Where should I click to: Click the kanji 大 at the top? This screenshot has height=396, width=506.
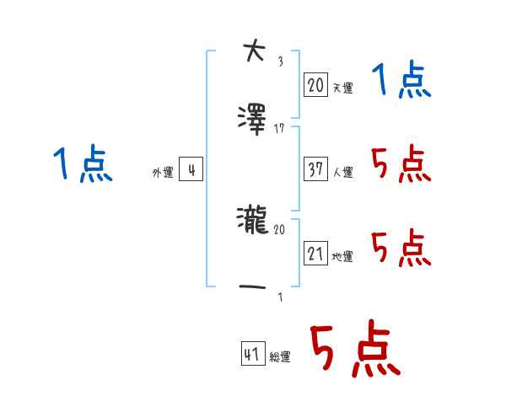coord(255,50)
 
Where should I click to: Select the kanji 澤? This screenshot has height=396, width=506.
coord(252,120)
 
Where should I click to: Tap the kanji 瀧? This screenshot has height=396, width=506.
coord(253,220)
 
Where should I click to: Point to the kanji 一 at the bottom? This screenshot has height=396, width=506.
coord(252,286)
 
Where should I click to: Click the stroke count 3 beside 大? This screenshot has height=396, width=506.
coord(281,62)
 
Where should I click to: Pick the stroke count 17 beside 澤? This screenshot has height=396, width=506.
coord(279,129)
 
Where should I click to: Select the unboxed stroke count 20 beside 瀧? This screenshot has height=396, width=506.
coord(279,229)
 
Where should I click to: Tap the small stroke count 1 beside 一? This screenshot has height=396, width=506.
coord(281,297)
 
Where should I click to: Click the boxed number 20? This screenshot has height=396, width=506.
coord(315,84)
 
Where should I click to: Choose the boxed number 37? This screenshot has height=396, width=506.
coord(315,169)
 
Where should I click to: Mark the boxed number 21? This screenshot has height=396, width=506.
coord(315,253)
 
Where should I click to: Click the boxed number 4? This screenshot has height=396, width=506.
coord(191,169)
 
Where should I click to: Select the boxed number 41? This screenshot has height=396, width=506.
coord(253,353)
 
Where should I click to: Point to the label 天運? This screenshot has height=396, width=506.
coord(342,88)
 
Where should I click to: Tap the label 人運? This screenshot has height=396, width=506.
coord(342,172)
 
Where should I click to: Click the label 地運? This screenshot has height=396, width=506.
coord(342,256)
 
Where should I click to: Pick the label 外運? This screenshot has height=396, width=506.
coord(163,172)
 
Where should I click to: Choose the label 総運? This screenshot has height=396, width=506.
coord(280,356)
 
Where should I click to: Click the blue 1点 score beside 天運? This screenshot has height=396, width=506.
coord(401,79)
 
